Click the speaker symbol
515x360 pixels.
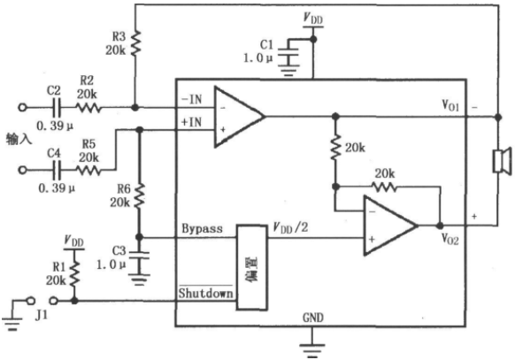coord(503,160)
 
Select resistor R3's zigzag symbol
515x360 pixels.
coord(135,42)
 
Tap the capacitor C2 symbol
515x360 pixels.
coord(57,107)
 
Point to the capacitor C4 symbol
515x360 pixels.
coord(57,170)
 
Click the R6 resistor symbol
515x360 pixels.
coord(140,195)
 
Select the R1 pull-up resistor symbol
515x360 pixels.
coord(75,273)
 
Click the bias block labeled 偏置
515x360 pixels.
coord(252,267)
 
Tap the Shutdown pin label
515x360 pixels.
coord(205,293)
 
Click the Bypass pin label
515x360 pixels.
coord(202,228)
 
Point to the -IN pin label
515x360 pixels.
coord(191,99)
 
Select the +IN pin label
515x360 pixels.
coord(191,122)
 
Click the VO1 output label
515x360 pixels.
coord(450,105)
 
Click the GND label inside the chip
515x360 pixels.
coord(313,318)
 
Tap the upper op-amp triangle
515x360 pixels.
coord(240,117)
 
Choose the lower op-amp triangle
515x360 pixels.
coord(390,226)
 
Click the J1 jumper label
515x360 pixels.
coord(42,316)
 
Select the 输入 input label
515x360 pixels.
coord(19,140)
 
